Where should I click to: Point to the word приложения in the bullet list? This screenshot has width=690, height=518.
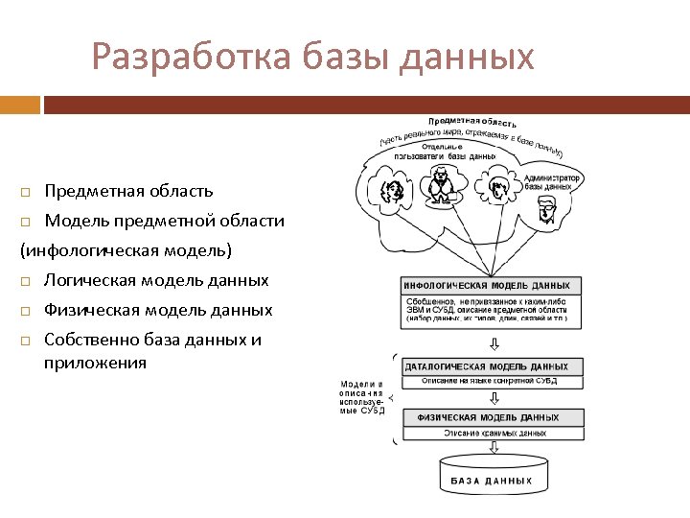(x=95, y=363)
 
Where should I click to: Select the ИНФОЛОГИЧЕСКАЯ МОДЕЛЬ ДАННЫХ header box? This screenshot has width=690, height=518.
(x=492, y=286)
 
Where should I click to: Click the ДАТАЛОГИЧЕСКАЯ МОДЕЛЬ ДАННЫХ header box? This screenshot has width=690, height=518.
(x=492, y=366)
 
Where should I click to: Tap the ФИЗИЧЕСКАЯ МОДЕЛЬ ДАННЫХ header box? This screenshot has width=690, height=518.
(x=492, y=417)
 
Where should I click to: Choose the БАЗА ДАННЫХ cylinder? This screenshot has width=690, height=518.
(x=491, y=477)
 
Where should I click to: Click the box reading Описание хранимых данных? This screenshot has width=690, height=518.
(x=492, y=433)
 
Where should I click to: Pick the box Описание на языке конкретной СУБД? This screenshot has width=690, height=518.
(x=492, y=381)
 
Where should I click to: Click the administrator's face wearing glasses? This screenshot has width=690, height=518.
(x=547, y=213)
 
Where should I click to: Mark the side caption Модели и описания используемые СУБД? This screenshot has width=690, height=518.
(x=362, y=397)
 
